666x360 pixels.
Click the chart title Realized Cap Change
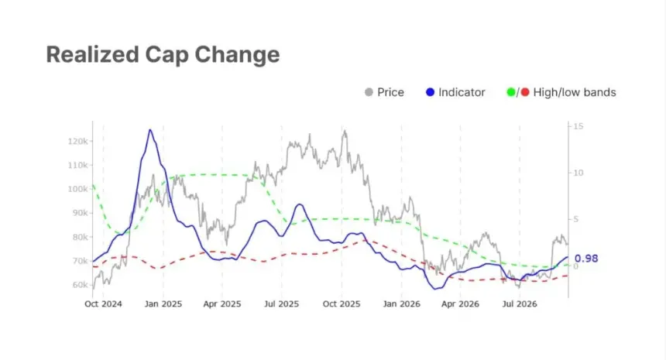point(163,55)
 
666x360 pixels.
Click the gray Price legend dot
point(369,92)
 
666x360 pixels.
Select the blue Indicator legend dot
point(431,92)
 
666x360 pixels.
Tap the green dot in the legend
point(511,92)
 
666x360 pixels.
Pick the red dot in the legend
point(525,92)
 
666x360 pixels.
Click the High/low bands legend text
point(575,93)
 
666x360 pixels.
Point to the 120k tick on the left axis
point(78,142)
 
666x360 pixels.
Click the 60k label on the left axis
point(81,285)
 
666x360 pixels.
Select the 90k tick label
point(81,213)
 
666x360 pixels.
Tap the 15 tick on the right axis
point(578,126)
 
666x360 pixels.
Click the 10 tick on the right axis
point(578,173)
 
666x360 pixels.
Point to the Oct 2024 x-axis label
point(103,304)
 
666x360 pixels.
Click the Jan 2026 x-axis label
point(401,304)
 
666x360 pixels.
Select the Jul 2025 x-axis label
point(282,304)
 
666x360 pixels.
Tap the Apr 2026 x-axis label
point(460,304)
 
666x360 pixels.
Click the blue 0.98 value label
point(586,259)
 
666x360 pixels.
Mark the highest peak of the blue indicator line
point(150,129)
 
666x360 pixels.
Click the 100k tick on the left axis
point(78,189)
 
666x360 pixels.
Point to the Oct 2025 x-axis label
point(342,304)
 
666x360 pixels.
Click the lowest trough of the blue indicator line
point(435,289)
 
